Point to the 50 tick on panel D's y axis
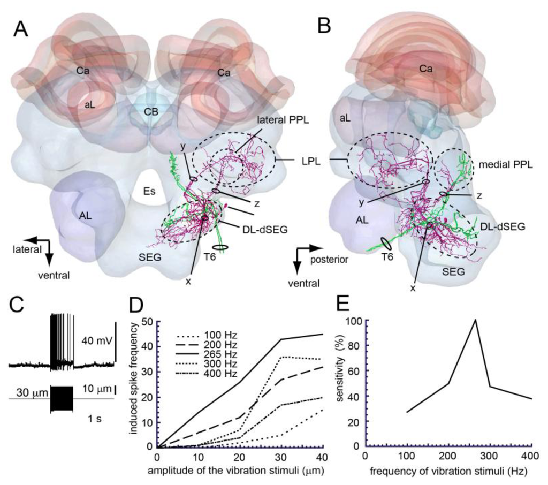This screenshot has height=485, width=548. point(145,322)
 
